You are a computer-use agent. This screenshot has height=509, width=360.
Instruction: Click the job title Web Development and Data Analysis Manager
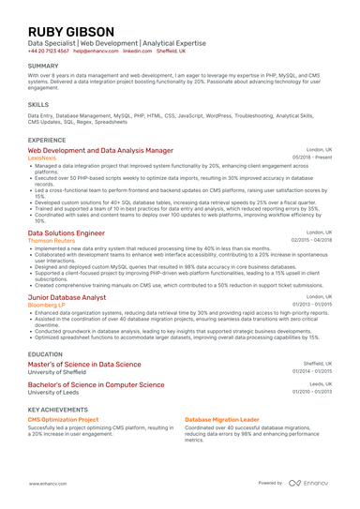tap(100, 150)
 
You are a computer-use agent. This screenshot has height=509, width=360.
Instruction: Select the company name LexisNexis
tap(42, 158)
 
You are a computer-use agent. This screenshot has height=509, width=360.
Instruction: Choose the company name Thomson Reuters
tap(52, 240)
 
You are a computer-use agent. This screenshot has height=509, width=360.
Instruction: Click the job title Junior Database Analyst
tap(67, 296)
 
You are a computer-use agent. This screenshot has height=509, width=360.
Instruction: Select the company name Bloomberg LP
tap(49, 305)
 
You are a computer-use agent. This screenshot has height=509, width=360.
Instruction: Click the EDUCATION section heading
tap(45, 354)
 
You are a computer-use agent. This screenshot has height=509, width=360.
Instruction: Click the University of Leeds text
tap(54, 393)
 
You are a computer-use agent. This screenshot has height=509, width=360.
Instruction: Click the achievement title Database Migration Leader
tap(222, 419)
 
